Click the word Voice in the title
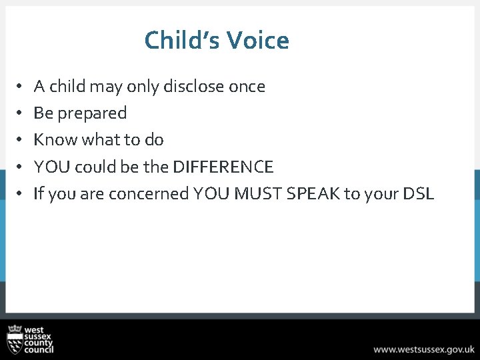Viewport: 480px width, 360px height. pos(257,41)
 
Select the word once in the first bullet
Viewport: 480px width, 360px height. pos(247,87)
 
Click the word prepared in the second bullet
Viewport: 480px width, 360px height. pos(92,113)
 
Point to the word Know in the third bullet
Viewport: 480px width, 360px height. pos(49,140)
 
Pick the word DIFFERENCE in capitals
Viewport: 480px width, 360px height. pos(223,167)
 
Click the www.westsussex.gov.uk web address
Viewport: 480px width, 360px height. pos(424,349)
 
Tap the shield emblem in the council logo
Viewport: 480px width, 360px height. pos(15,340)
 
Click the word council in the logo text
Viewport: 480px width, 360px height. pos(39,349)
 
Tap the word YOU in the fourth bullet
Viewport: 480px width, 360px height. pos(49,167)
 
